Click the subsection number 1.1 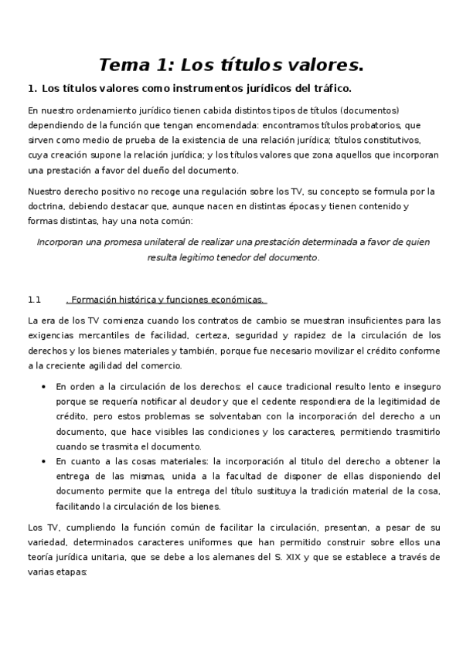click(x=33, y=299)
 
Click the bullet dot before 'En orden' click(x=42, y=387)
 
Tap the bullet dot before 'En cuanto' click(x=42, y=461)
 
